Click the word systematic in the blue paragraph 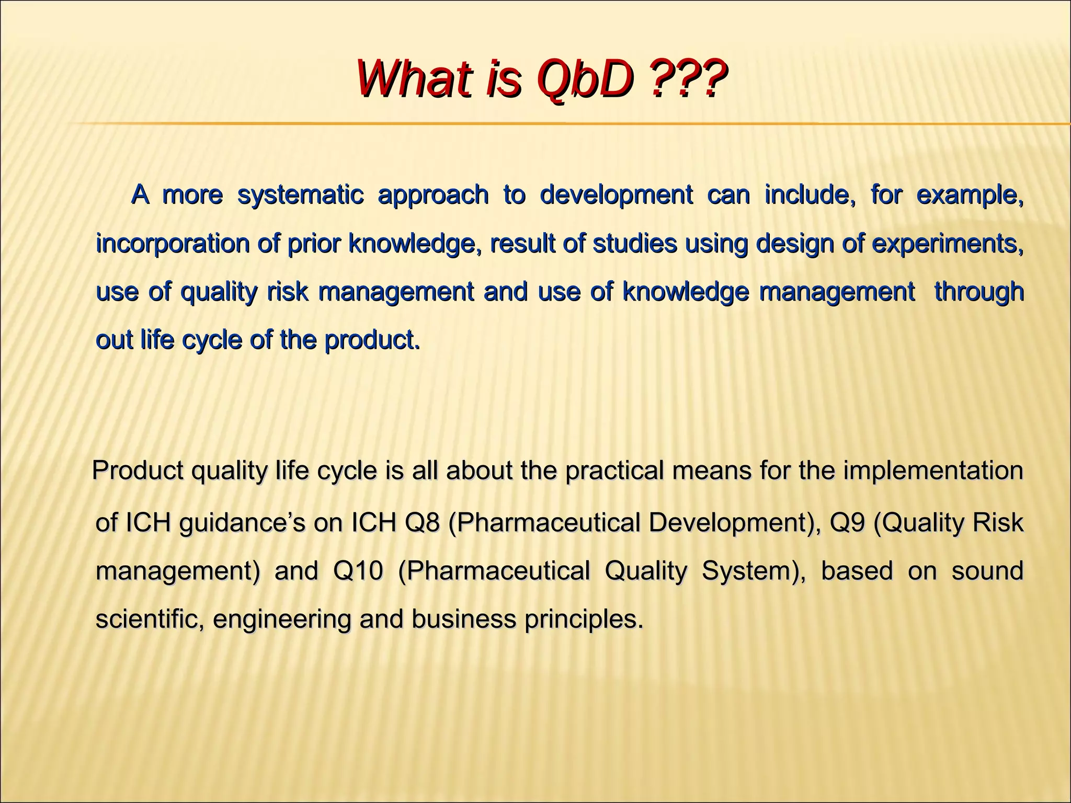[x=300, y=196]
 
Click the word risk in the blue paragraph [x=287, y=292]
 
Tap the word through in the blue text [x=978, y=292]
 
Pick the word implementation [x=933, y=471]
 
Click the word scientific [x=149, y=620]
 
